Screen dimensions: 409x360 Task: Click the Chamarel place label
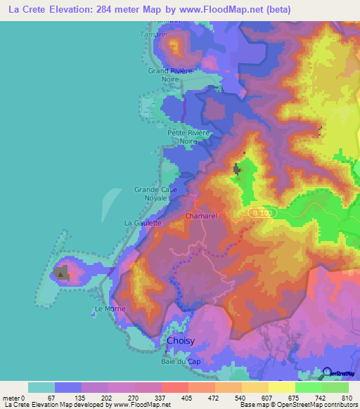point(200,216)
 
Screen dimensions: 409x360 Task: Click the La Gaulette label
point(143,223)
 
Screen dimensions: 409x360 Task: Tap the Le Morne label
point(108,309)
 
